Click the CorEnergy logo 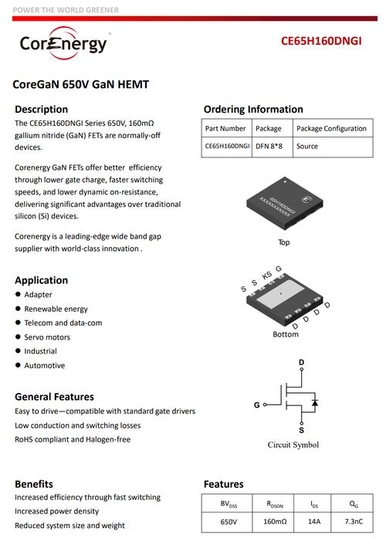[x=63, y=43]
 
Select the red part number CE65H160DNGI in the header [x=321, y=41]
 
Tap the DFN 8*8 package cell [x=269, y=147]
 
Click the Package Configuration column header [x=331, y=129]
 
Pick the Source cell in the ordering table [x=307, y=147]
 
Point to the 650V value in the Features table [x=229, y=522]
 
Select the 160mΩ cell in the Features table [x=275, y=522]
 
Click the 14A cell [x=314, y=522]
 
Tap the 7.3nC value [x=354, y=522]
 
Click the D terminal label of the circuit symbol [x=302, y=362]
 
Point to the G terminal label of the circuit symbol [x=256, y=405]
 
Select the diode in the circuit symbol [x=315, y=402]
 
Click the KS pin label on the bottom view [x=266, y=276]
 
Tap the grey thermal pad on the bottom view [x=281, y=294]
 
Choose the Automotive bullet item [x=45, y=366]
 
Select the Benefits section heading [x=34, y=484]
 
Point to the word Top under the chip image [x=284, y=242]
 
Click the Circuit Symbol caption [x=293, y=445]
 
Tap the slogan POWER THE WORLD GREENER [x=66, y=10]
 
